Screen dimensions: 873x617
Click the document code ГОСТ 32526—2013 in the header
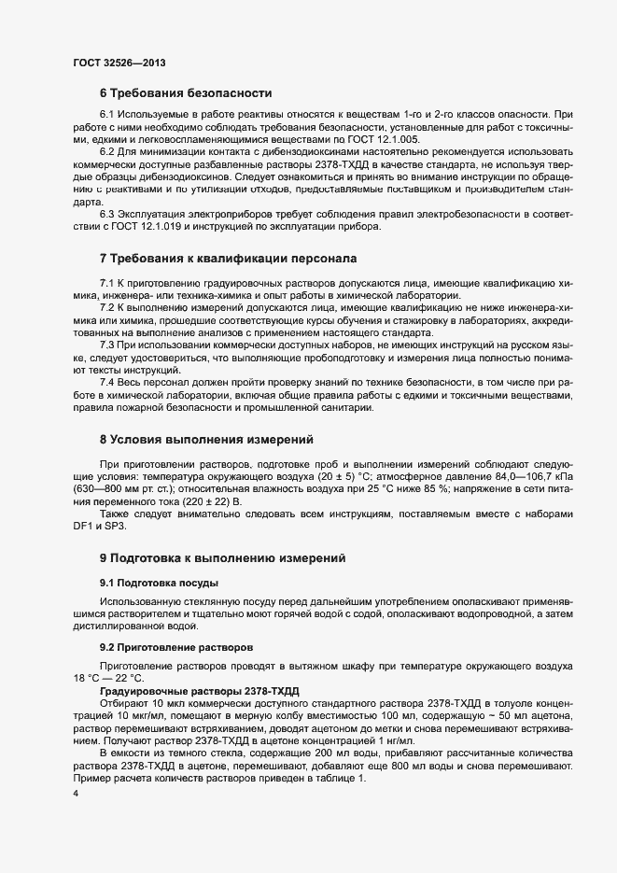pyautogui.click(x=119, y=63)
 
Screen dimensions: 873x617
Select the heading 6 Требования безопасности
pyautogui.click(x=186, y=93)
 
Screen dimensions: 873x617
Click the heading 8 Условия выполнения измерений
pyautogui.click(x=206, y=439)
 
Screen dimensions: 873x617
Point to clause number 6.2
pyautogui.click(x=107, y=152)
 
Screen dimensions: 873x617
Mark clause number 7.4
pyautogui.click(x=107, y=382)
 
